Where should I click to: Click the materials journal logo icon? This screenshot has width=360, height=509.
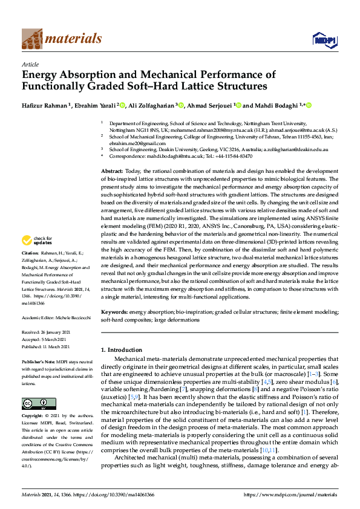(31, 39)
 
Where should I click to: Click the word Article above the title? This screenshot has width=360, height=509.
(30, 63)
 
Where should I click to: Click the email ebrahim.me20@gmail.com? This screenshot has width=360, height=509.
(139, 143)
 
